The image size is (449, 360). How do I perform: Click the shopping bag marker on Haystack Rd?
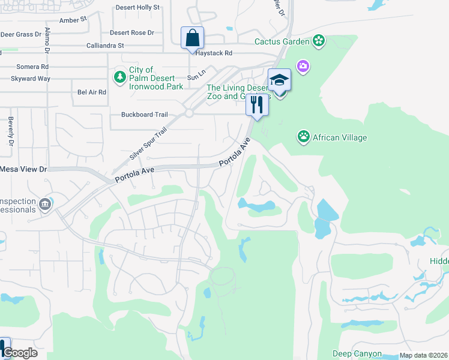pyautogui.click(x=192, y=38)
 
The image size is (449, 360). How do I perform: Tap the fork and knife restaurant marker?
pyautogui.click(x=257, y=105)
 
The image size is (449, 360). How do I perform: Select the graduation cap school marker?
pyautogui.click(x=280, y=80)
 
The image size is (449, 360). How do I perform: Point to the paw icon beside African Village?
pyautogui.click(x=304, y=137)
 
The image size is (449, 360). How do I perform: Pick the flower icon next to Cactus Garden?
pyautogui.click(x=319, y=41)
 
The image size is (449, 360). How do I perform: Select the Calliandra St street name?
pyautogui.click(x=105, y=45)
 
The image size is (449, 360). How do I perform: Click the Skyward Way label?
pyautogui.click(x=31, y=79)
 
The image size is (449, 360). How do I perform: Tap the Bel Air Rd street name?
pyautogui.click(x=92, y=92)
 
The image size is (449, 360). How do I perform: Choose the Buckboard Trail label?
pyautogui.click(x=144, y=114)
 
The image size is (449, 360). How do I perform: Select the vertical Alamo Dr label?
pyautogui.click(x=47, y=40)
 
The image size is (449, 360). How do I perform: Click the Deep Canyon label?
pyautogui.click(x=357, y=354)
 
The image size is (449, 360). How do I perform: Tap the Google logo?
pyautogui.click(x=19, y=353)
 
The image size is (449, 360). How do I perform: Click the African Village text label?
pyautogui.click(x=341, y=137)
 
